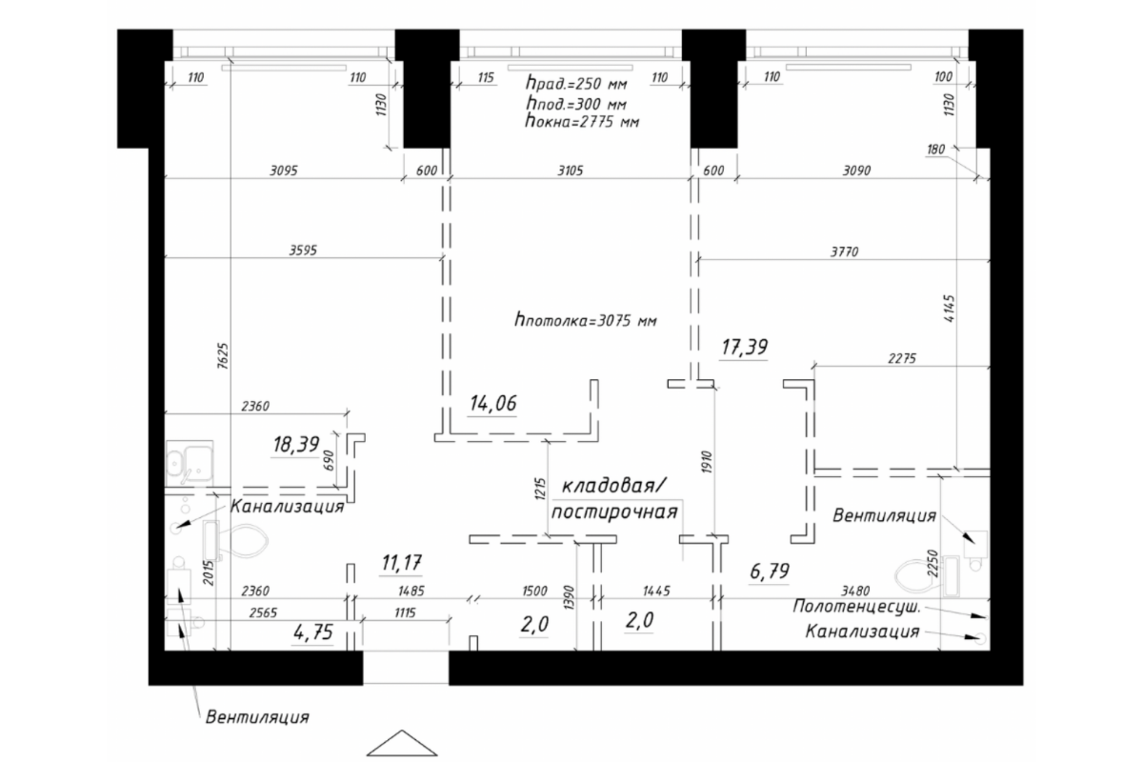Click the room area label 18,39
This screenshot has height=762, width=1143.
296,444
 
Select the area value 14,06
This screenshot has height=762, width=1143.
493,403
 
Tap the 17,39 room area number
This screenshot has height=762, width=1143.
745,347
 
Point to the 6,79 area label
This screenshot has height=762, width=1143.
770,571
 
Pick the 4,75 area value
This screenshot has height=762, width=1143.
312,632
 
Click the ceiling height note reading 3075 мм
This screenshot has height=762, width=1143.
586,321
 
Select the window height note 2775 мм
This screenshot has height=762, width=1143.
582,122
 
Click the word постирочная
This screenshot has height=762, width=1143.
614,511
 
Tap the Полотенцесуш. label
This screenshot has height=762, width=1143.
856,607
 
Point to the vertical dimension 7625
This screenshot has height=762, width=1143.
223,355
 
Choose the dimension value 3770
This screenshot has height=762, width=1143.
845,251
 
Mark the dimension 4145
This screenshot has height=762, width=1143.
949,308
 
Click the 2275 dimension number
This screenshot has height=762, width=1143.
902,359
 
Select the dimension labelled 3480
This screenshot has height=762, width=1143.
855,591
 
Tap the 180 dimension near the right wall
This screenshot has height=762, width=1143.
935,150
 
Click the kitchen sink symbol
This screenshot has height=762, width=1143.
189,464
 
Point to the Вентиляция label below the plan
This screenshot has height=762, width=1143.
257,717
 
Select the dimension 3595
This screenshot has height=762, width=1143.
303,251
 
